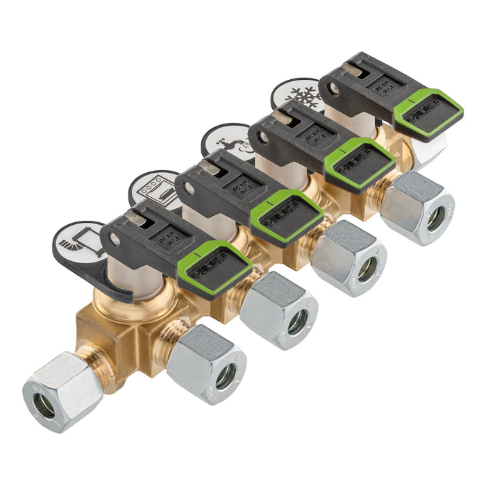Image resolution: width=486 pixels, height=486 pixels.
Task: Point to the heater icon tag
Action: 78,240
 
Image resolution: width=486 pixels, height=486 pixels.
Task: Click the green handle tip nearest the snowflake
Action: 428,110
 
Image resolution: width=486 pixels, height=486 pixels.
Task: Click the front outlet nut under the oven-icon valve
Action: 281,310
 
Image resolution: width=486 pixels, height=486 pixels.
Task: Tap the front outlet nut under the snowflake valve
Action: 419,208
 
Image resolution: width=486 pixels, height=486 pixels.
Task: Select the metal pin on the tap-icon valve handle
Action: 283,117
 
